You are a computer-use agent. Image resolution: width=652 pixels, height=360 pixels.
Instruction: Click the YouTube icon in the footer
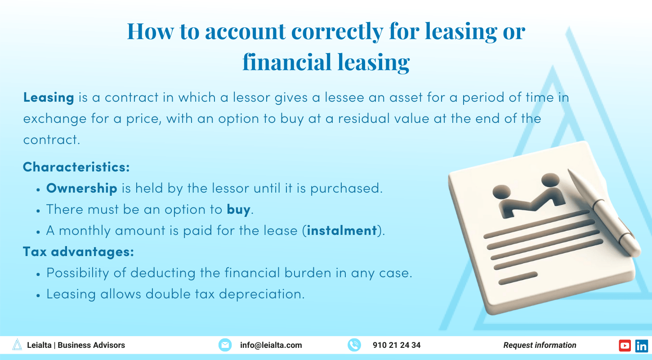click(625, 345)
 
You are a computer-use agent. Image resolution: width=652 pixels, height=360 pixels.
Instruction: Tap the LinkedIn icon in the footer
click(642, 345)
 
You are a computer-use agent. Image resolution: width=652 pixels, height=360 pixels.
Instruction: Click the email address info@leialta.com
click(271, 345)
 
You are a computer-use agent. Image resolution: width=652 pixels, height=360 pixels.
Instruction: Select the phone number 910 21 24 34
click(397, 345)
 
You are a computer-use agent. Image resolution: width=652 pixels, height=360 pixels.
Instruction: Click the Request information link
click(540, 345)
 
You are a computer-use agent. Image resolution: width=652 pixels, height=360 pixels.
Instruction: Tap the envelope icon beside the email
click(225, 345)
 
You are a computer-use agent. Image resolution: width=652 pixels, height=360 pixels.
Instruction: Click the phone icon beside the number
click(354, 345)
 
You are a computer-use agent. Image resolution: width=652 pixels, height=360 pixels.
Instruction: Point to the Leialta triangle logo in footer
click(17, 345)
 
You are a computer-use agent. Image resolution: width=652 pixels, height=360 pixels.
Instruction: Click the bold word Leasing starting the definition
click(49, 97)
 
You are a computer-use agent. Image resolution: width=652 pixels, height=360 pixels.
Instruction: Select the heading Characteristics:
click(76, 167)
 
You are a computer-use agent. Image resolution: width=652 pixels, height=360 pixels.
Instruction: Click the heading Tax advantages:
click(78, 252)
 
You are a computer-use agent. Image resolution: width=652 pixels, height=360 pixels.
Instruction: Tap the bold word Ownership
click(82, 188)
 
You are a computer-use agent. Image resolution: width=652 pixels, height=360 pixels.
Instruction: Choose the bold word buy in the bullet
click(238, 209)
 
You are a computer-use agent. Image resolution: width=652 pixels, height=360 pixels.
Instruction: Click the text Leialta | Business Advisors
click(76, 345)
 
